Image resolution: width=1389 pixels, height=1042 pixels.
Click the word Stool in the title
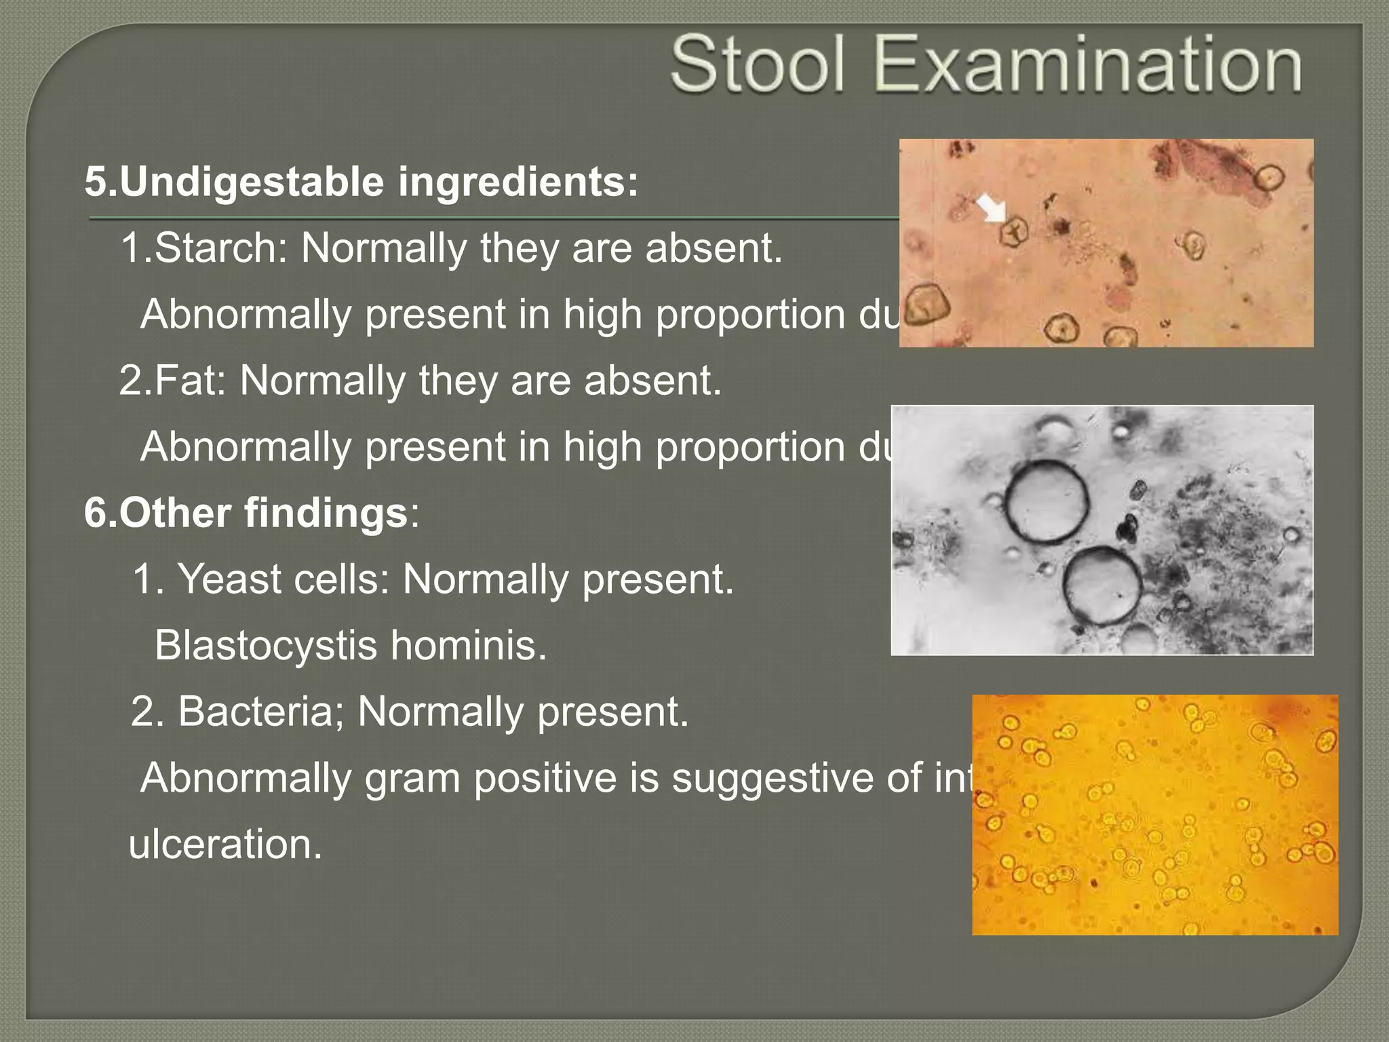[x=758, y=65]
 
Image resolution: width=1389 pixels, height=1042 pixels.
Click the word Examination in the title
[x=1087, y=65]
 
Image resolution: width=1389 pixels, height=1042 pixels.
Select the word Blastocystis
[x=265, y=645]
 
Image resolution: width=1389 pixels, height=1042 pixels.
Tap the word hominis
[x=468, y=645]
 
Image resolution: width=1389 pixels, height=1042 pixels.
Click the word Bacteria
[x=261, y=712]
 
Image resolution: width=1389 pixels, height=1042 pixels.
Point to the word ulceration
[x=225, y=845]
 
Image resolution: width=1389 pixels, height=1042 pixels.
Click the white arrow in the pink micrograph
[x=992, y=208]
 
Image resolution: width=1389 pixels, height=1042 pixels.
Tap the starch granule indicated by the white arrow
[x=1013, y=232]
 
